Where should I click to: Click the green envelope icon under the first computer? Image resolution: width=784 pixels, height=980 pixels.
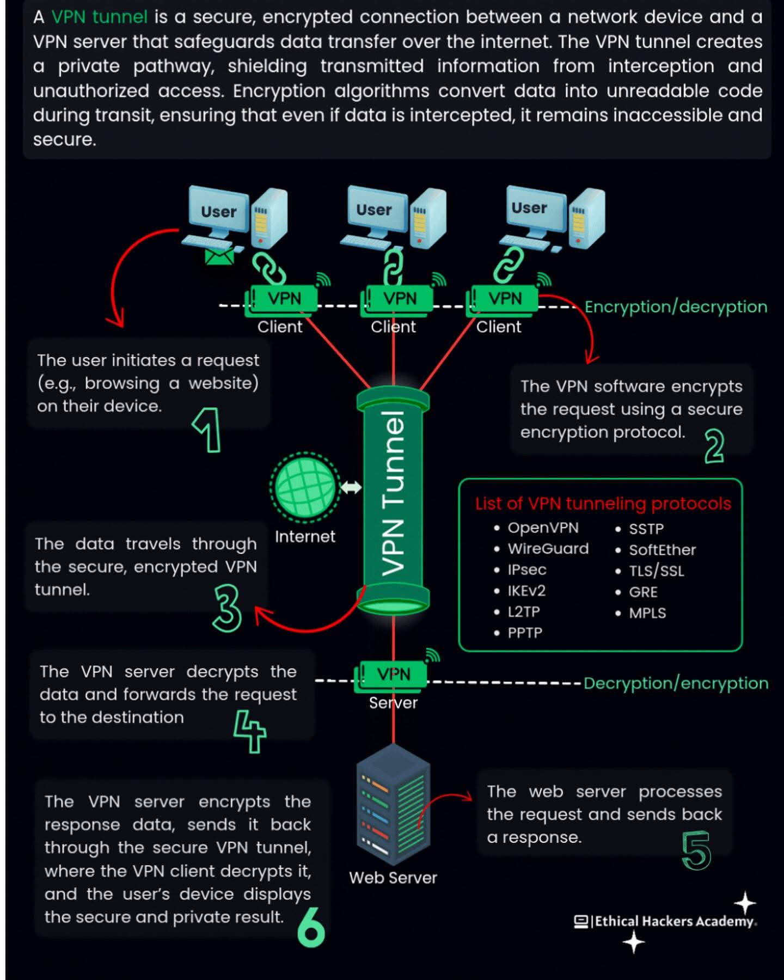coord(219,255)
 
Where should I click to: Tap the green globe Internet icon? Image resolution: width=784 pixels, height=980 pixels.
coord(305,486)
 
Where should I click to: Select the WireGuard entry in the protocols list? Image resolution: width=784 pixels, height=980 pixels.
coord(548,549)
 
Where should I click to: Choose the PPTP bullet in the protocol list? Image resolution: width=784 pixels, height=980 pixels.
coord(524,633)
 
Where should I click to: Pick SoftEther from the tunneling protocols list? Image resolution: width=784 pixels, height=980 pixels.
coord(662,550)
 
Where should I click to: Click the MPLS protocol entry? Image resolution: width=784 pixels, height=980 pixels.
coord(647,613)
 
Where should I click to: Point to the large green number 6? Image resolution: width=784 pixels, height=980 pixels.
coord(311,927)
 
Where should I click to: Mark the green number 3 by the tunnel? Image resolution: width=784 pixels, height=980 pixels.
coord(227,608)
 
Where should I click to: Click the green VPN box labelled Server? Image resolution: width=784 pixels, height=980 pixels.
coord(393,675)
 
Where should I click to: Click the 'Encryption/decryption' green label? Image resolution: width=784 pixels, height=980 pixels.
coord(676,307)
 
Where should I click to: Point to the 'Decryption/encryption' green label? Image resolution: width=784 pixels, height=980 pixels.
coord(676,683)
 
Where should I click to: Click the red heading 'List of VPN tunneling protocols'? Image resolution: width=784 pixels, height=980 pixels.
coord(603,504)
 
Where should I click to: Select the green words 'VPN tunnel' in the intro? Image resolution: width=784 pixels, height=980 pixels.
coord(99,17)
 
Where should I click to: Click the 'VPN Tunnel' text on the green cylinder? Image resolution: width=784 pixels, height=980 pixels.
coord(393,493)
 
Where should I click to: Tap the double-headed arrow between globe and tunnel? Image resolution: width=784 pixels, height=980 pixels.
coord(351,487)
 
